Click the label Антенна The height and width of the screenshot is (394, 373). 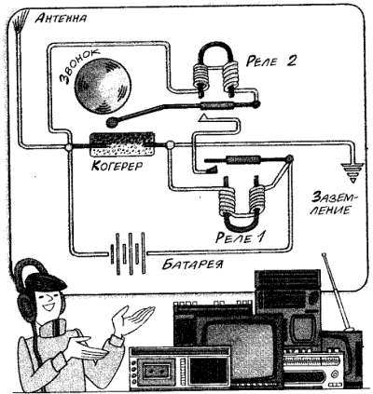pyautogui.click(x=61, y=19)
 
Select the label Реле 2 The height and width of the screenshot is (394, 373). pyautogui.click(x=270, y=61)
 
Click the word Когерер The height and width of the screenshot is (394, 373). pyautogui.click(x=117, y=165)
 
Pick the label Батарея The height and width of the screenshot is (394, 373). pyautogui.click(x=193, y=265)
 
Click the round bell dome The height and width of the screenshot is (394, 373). pyautogui.click(x=103, y=86)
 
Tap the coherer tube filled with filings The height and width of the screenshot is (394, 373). pyautogui.click(x=122, y=144)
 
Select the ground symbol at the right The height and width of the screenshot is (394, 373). pyautogui.click(x=352, y=171)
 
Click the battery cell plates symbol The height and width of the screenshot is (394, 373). pyautogui.click(x=128, y=253)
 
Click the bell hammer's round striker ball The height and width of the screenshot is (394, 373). pyautogui.click(x=111, y=122)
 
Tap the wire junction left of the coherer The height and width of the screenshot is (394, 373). pyautogui.click(x=69, y=146)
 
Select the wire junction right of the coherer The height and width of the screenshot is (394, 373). pyautogui.click(x=170, y=144)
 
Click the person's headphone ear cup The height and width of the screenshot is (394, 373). pyautogui.click(x=24, y=307)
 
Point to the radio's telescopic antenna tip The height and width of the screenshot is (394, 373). pyautogui.click(x=324, y=255)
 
